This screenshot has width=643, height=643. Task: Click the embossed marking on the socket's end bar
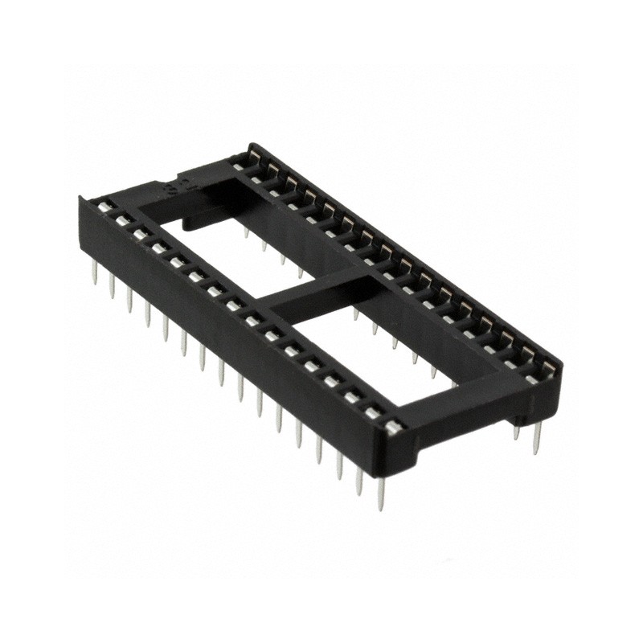pos(172,191)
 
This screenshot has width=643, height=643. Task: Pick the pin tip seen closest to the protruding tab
pos(246,234)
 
